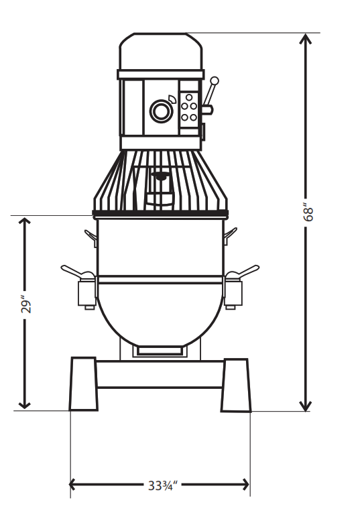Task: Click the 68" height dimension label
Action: [308, 212]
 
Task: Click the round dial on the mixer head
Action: [161, 111]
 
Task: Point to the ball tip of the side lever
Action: [215, 81]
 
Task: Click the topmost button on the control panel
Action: [189, 97]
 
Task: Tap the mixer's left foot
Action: [84, 384]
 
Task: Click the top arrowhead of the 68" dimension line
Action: [306, 40]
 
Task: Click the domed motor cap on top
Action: [161, 50]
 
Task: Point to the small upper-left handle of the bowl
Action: [91, 235]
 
